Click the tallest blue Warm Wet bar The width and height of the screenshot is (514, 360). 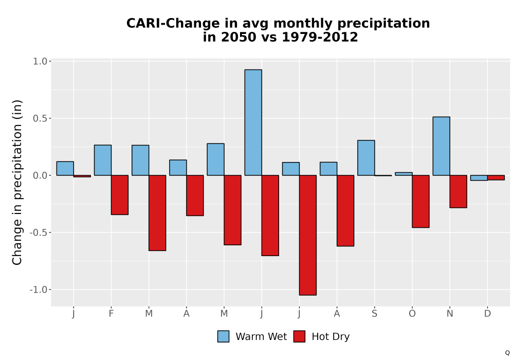[x=253, y=122]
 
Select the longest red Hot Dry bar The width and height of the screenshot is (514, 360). [x=308, y=235]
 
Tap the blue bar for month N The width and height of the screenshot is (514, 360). [x=441, y=146]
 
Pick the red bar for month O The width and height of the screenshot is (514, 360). [x=420, y=201]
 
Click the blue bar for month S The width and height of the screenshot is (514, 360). [x=366, y=158]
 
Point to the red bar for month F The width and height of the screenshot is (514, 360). [x=120, y=195]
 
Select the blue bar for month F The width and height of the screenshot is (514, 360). [x=103, y=160]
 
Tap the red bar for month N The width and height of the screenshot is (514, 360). [x=458, y=191]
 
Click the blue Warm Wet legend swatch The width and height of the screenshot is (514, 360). [x=223, y=336]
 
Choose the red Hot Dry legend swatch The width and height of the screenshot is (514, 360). [x=299, y=336]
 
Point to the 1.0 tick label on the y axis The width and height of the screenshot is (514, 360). [x=40, y=61]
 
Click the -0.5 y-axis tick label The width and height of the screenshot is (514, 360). [x=39, y=232]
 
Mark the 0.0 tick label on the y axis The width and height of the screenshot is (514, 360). [x=40, y=175]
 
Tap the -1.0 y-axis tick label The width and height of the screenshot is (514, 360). [x=39, y=290]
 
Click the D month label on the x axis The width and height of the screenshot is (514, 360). [x=487, y=314]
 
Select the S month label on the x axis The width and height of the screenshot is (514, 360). [x=374, y=314]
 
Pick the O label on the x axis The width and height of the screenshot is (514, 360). [x=412, y=314]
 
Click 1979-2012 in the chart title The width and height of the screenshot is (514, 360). [x=320, y=37]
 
